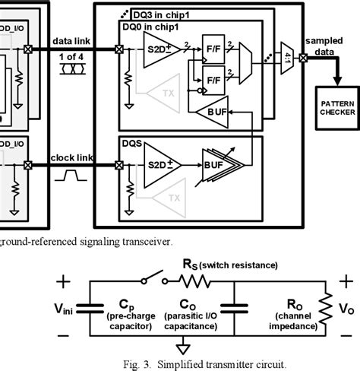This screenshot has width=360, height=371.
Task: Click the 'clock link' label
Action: [x=71, y=157]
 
